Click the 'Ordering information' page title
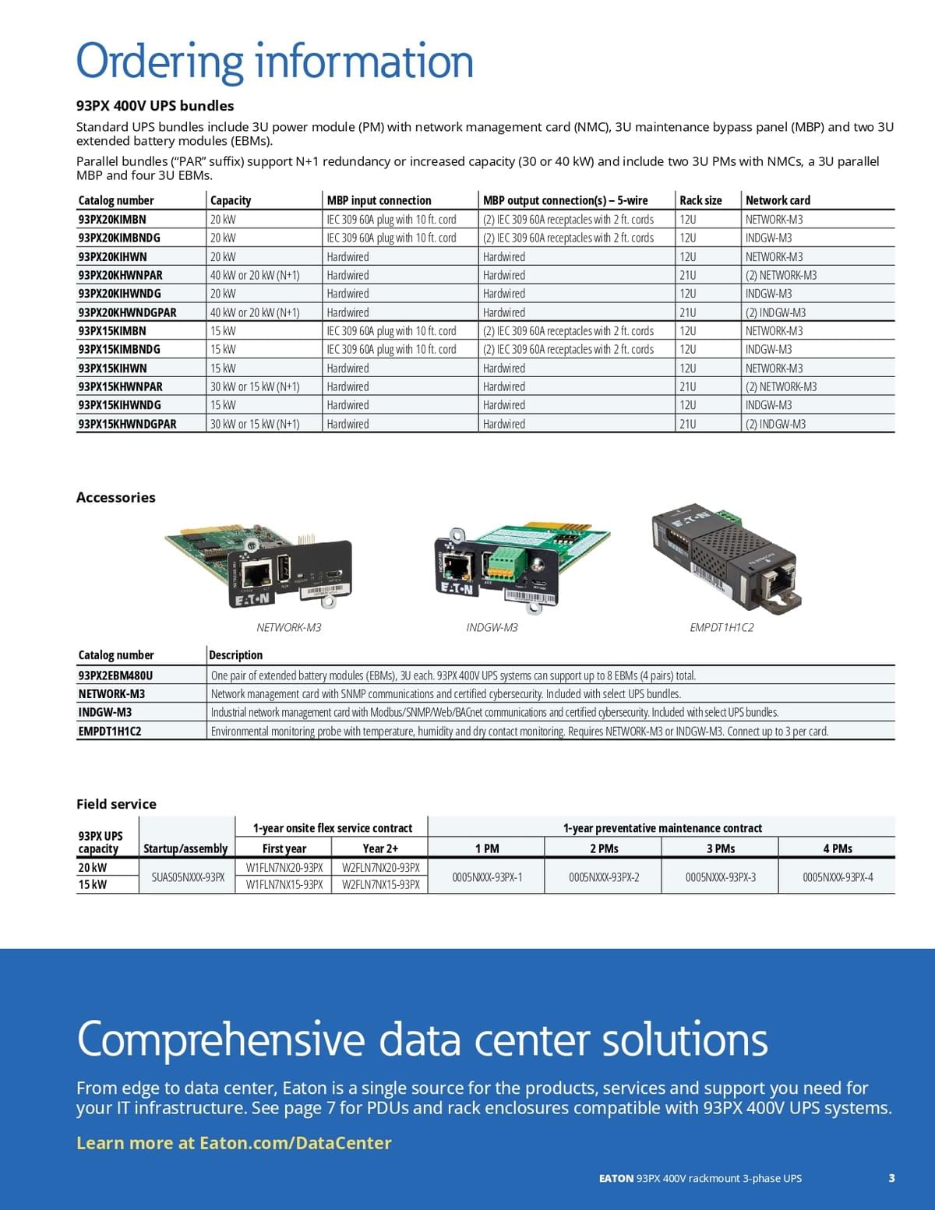point(274,62)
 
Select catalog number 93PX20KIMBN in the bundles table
point(112,220)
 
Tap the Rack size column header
point(700,200)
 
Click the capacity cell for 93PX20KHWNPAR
point(255,275)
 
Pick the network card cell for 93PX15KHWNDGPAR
point(776,424)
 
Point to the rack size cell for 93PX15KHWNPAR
point(688,386)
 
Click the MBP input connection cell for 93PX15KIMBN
point(391,331)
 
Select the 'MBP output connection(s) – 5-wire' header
point(565,200)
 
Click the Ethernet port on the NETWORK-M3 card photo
point(257,573)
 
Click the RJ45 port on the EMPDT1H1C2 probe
point(775,583)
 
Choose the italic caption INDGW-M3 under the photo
point(492,627)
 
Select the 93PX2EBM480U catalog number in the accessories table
point(115,676)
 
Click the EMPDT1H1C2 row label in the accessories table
point(110,731)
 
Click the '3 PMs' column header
point(721,848)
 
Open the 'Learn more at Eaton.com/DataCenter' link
point(234,1143)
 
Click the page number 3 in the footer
point(891,1178)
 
